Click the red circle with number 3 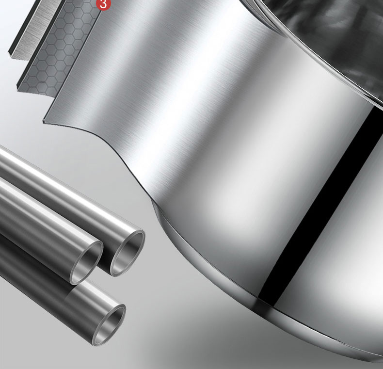pyautogui.click(x=103, y=4)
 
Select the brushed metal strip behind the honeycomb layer pyautogui.click(x=34, y=29)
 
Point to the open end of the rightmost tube pyautogui.click(x=128, y=253)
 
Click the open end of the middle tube pyautogui.click(x=86, y=263)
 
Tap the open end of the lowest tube pyautogui.click(x=109, y=325)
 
